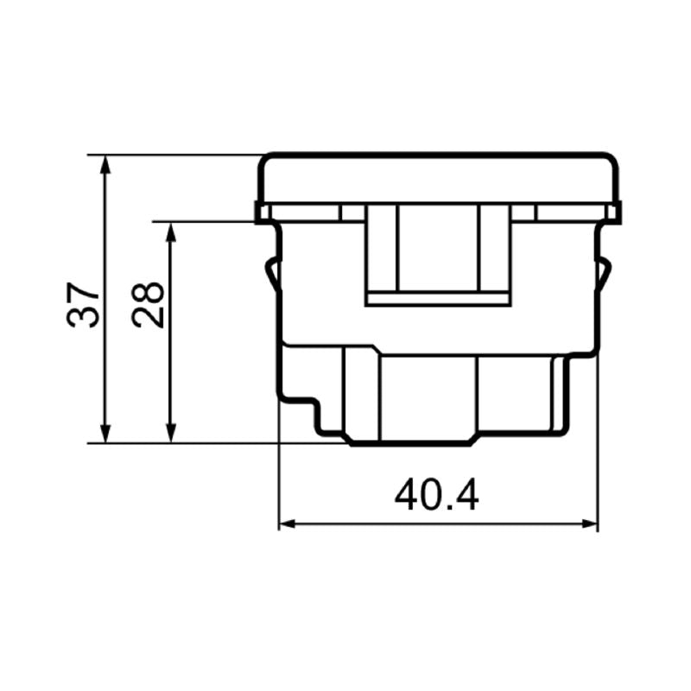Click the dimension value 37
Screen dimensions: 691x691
coord(84,303)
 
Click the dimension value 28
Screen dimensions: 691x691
coord(149,303)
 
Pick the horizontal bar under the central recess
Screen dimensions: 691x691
coord(439,300)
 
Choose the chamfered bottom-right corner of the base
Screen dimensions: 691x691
coord(473,440)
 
